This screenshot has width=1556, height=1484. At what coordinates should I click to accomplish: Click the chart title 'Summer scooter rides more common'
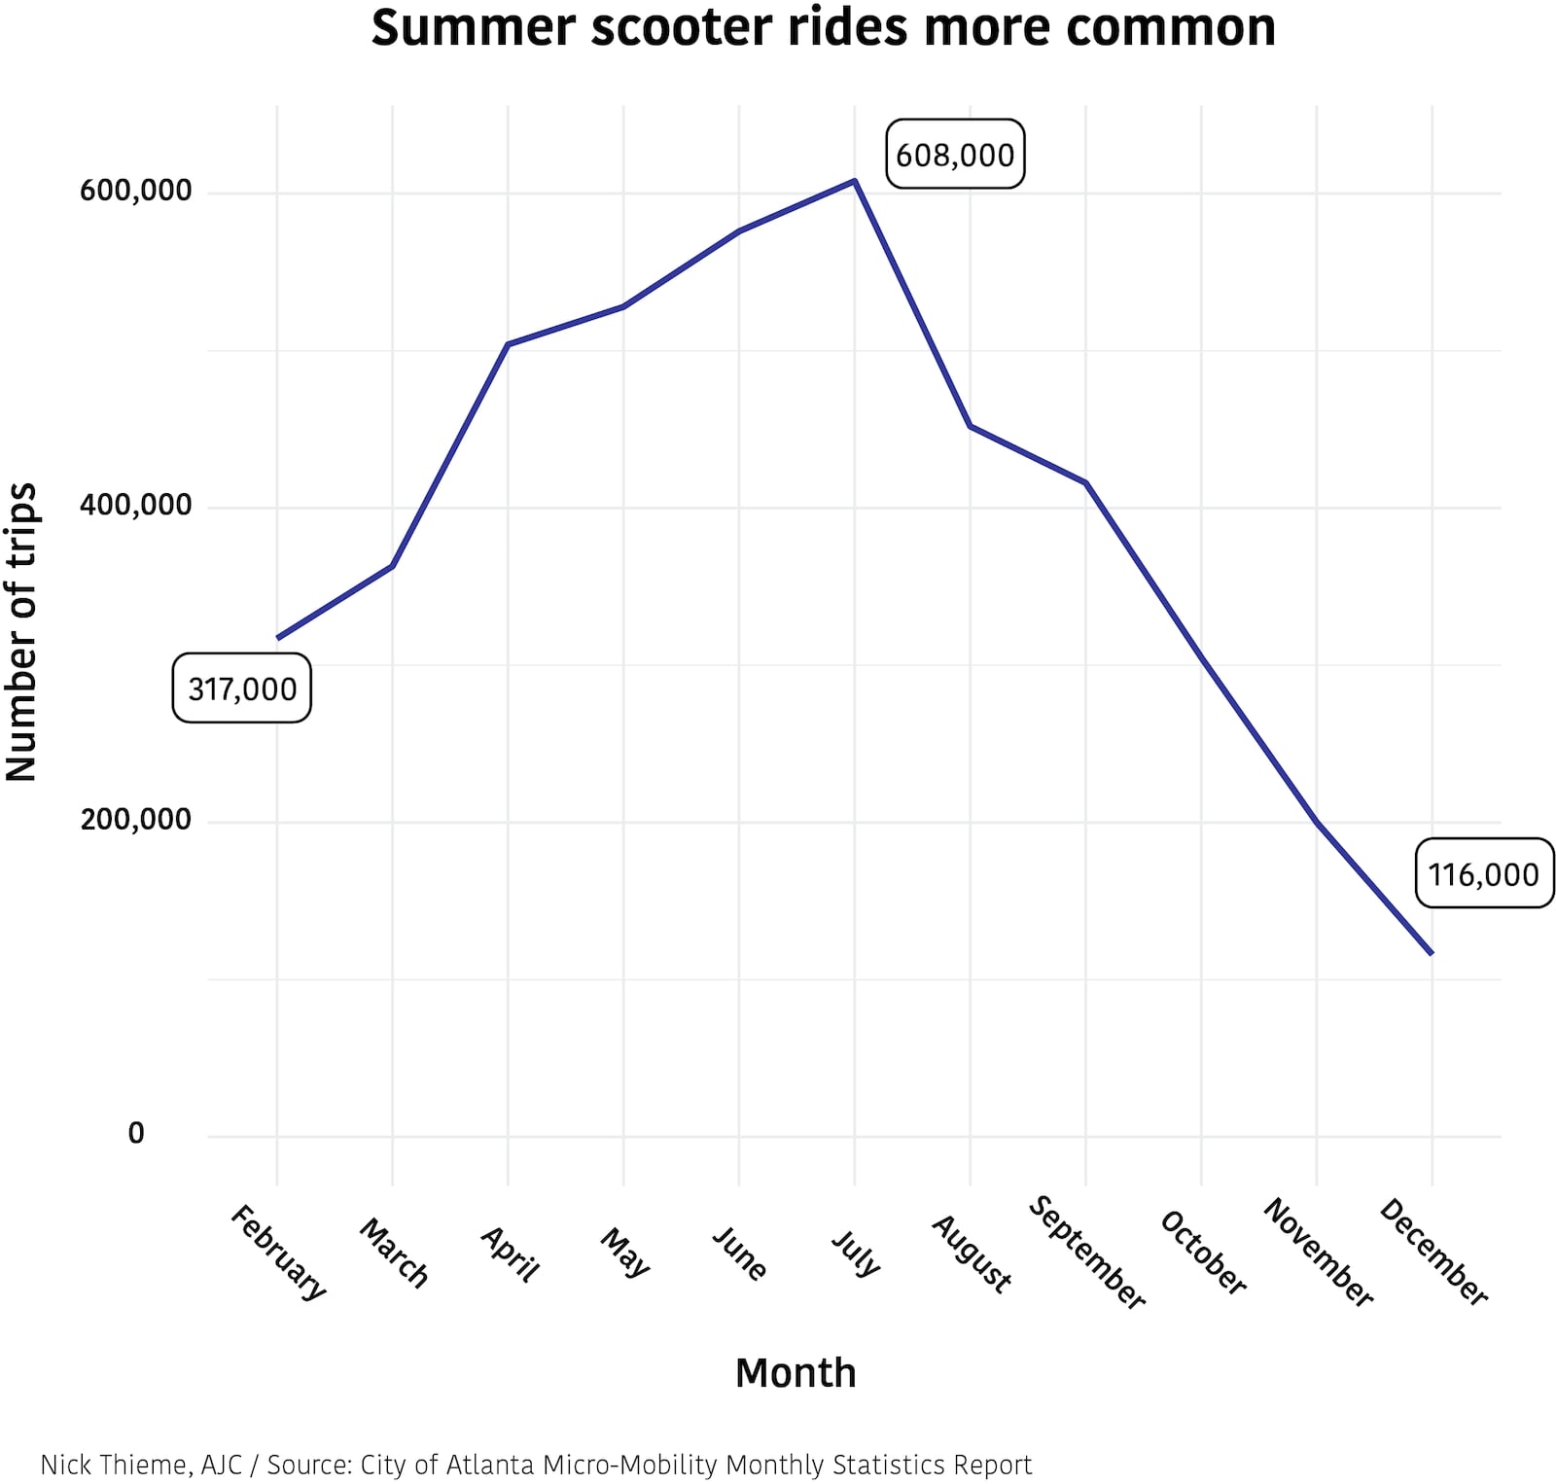tap(823, 27)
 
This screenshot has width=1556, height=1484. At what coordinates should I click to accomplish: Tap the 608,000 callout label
tap(955, 155)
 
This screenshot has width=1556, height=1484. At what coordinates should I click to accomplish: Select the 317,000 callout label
tap(242, 689)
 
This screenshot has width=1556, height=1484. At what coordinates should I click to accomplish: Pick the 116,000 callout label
tap(1483, 874)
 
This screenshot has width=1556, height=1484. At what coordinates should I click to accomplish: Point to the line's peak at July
tap(855, 181)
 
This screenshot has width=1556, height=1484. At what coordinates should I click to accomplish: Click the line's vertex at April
tap(508, 344)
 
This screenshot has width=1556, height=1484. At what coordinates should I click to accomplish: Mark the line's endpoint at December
tap(1432, 953)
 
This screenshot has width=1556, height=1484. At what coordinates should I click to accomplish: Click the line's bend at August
tap(971, 426)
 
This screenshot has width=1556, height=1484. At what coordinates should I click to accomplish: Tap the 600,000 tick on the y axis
tap(136, 191)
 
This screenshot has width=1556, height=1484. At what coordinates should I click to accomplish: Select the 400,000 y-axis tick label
tap(136, 506)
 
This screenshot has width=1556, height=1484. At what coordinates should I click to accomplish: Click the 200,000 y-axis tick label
tap(136, 820)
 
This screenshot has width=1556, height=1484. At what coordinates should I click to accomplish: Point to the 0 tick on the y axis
tap(136, 1133)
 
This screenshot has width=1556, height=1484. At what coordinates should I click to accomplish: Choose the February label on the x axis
tap(278, 1252)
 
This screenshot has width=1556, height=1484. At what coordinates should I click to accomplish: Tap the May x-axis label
tap(624, 1252)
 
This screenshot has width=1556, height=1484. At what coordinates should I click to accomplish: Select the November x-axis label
tap(1318, 1252)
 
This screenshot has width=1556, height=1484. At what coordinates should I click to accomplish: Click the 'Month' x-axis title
tap(796, 1373)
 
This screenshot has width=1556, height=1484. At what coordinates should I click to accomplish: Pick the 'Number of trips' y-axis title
tap(21, 631)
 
